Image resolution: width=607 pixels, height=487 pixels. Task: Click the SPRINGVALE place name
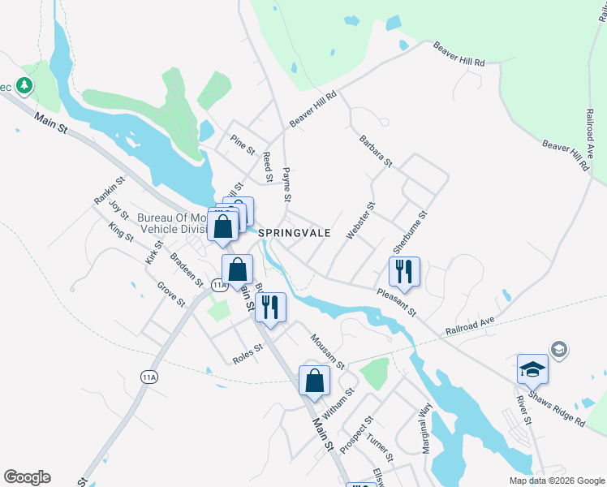pyautogui.click(x=295, y=232)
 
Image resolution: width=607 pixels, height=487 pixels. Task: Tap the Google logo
pyautogui.click(x=27, y=477)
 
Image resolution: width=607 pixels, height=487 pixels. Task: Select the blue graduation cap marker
pyautogui.click(x=533, y=369)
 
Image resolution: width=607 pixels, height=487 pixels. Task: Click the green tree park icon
pyautogui.click(x=25, y=84)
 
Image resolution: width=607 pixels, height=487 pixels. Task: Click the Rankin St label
pyautogui.click(x=110, y=191)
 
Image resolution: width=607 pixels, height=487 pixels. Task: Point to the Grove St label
pyautogui.click(x=171, y=295)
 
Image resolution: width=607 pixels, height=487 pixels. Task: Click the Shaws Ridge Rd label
pyautogui.click(x=557, y=411)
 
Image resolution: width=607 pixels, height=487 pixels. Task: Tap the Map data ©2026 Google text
pyautogui.click(x=556, y=480)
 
